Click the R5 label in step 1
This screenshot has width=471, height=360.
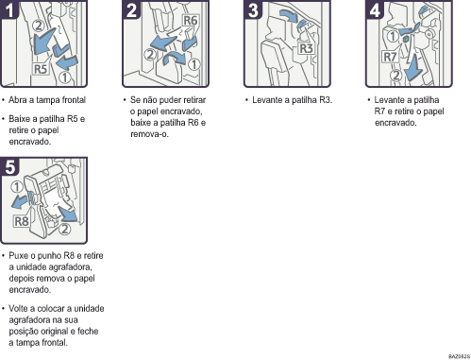[41, 69]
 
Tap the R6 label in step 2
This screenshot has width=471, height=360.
[190, 21]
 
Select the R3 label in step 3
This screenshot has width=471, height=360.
[306, 48]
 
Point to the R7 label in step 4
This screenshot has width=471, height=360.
[390, 57]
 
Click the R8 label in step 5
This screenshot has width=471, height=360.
[22, 221]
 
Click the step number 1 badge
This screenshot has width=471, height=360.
[9, 9]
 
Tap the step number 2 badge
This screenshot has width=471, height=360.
[131, 9]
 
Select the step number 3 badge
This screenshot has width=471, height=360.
[253, 9]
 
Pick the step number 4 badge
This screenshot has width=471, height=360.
[375, 9]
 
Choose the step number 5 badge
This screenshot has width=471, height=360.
[9, 166]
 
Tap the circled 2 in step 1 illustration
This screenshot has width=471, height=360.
[39, 26]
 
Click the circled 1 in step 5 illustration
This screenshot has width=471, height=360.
[17, 187]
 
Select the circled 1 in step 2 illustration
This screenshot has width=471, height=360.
[194, 64]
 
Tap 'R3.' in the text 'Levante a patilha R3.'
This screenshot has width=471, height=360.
[326, 100]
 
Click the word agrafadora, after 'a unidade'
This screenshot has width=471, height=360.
[70, 267]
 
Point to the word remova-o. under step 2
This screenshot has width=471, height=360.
[149, 134]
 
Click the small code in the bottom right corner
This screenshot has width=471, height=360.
[459, 356]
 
